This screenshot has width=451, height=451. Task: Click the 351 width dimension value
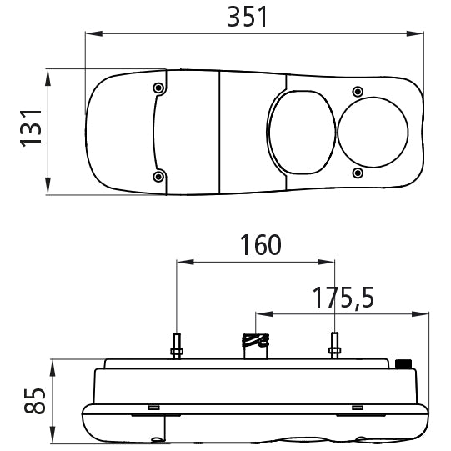(x=248, y=17)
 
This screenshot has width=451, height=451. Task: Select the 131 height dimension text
(x=31, y=128)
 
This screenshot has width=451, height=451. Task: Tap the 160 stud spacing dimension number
(x=261, y=245)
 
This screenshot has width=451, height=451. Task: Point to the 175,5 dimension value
(x=343, y=298)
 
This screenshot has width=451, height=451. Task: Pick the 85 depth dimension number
(x=35, y=401)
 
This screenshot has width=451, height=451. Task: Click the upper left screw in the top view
(x=158, y=88)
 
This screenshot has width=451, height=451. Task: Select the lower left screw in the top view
(x=158, y=177)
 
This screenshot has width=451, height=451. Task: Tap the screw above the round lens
(x=358, y=92)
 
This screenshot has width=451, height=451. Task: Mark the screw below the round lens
(x=358, y=173)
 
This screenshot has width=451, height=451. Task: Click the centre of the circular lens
(x=373, y=133)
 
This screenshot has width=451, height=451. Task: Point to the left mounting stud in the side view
(x=177, y=346)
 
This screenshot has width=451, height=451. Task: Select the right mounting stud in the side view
(x=334, y=345)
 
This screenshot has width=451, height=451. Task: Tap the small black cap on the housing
(x=403, y=363)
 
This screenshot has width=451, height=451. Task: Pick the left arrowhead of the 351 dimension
(x=93, y=33)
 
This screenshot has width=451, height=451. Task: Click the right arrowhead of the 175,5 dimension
(x=420, y=314)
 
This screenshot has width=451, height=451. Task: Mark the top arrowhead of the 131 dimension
(x=48, y=78)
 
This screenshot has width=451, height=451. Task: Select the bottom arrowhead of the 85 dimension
(x=53, y=435)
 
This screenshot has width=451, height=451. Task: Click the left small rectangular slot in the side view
(x=154, y=408)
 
